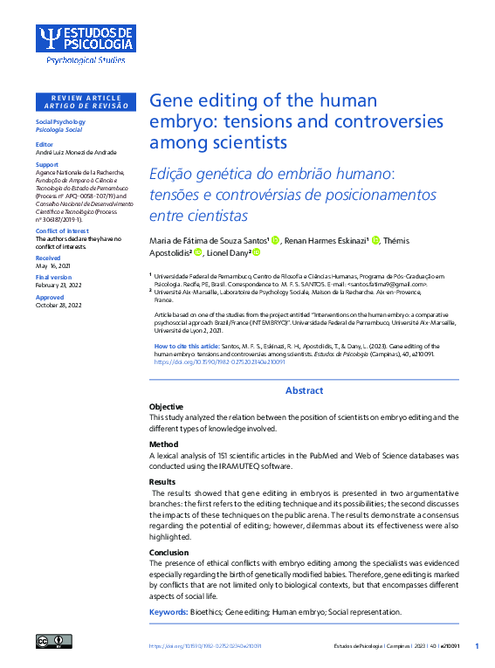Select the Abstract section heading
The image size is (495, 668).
coord(304,390)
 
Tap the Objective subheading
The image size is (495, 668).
coord(166,407)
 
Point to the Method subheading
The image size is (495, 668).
coord(163,444)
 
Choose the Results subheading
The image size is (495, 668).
coord(162,482)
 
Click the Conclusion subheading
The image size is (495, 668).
coord(168,553)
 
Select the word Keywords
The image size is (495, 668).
coord(168,612)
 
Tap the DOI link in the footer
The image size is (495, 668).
coord(205,646)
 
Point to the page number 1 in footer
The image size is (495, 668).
coord(477,645)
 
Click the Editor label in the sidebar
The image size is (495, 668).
coord(44,144)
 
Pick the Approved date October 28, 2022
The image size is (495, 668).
coord(58,305)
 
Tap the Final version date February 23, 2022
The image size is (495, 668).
coord(58,286)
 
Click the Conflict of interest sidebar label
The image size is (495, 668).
coord(61,231)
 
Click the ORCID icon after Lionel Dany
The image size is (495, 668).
coord(256,253)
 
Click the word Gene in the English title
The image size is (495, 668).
coord(172,100)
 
